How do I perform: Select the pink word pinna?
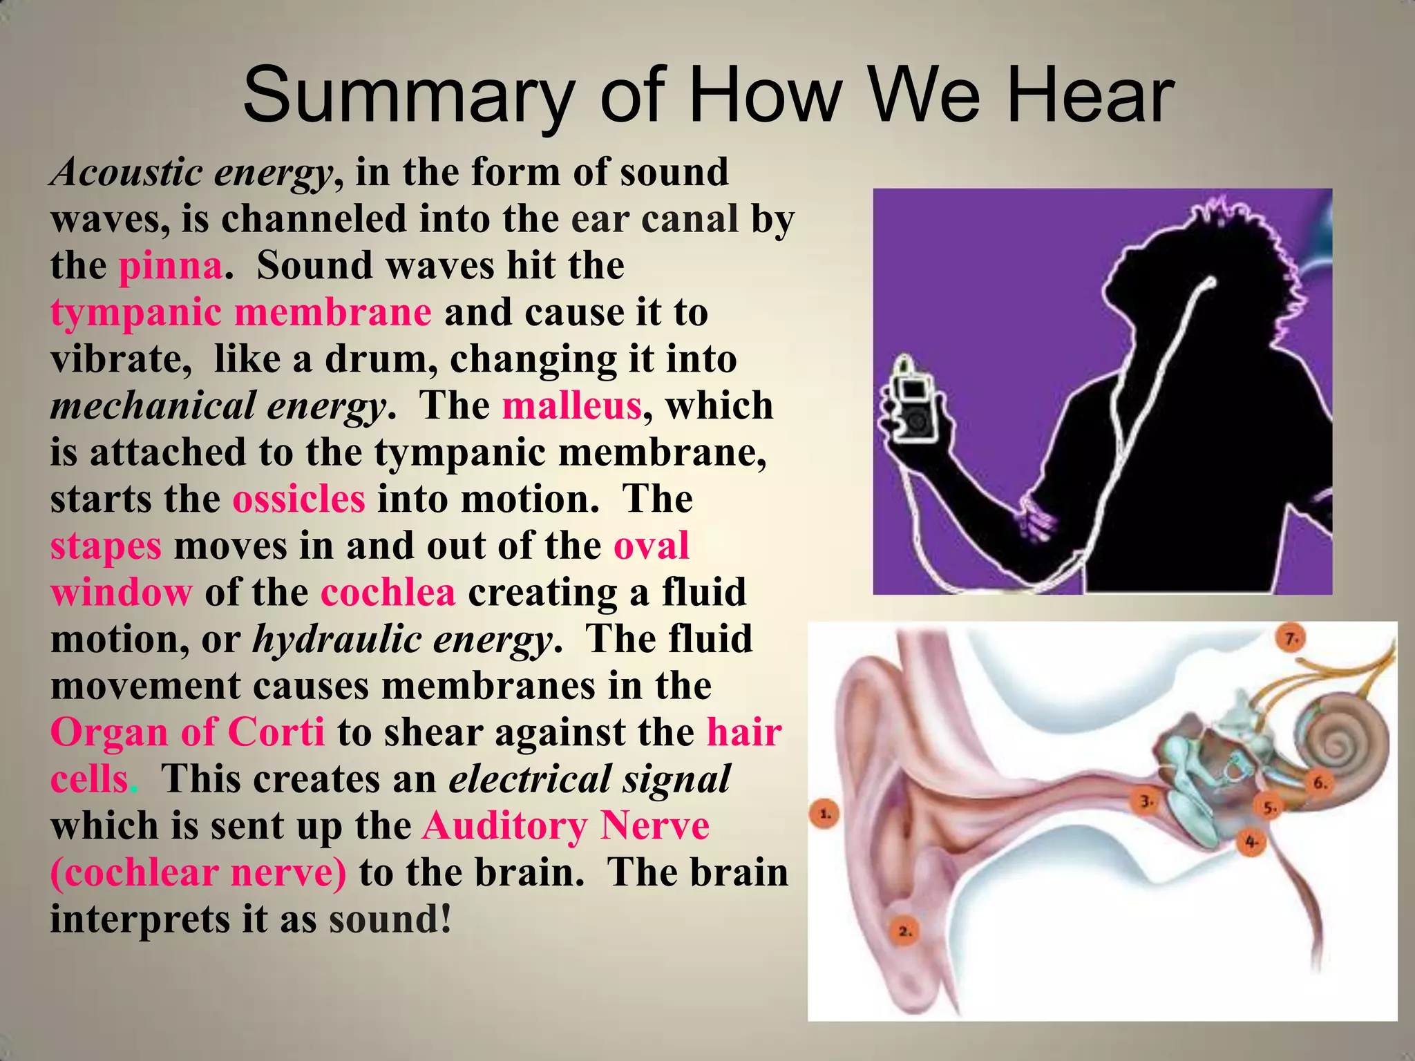click(171, 266)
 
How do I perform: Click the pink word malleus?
click(571, 405)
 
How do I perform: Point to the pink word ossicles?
click(298, 499)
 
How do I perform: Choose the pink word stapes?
click(106, 546)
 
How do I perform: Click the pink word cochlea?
click(388, 593)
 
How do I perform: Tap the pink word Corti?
click(276, 732)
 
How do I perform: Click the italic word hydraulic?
click(337, 640)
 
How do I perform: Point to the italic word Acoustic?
click(126, 172)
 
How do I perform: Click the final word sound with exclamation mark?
click(390, 919)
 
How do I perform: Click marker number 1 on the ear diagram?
click(824, 814)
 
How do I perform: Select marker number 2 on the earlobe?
click(905, 932)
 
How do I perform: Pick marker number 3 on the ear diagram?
click(1146, 802)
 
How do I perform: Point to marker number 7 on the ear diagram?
click(1291, 639)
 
